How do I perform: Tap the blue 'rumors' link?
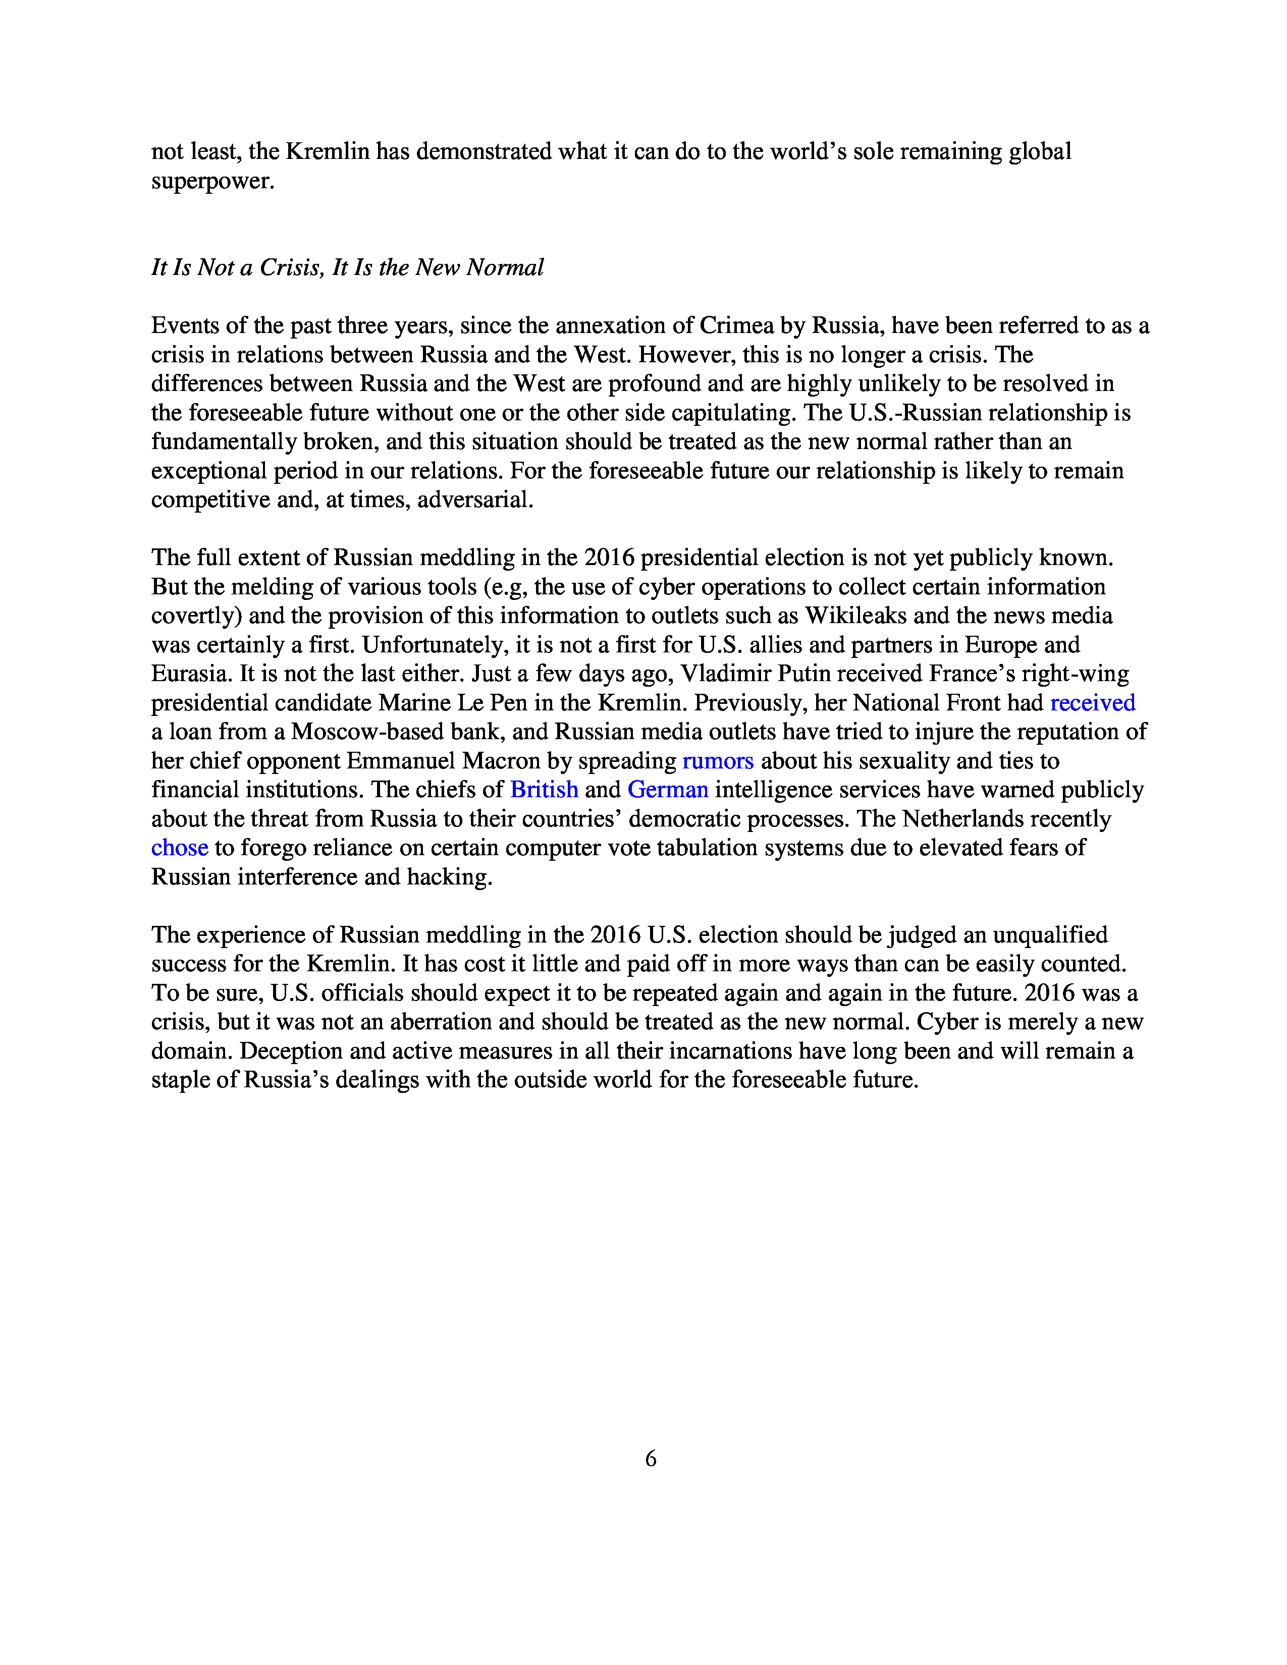click(718, 761)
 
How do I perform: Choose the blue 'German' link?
click(667, 790)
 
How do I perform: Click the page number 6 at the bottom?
click(651, 1459)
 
